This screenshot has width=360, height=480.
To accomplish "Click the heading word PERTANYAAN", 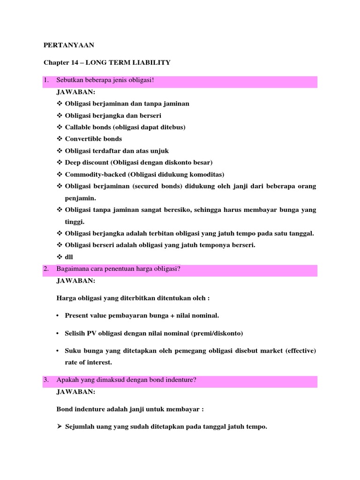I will [69, 45].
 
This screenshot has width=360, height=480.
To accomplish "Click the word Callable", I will [78, 127].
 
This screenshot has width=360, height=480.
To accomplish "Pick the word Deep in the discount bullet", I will [74, 162].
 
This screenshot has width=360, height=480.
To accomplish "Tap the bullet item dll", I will [69, 257].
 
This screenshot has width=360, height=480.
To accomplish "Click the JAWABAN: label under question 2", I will [75, 280].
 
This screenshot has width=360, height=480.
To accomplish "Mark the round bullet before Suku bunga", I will [58, 351].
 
